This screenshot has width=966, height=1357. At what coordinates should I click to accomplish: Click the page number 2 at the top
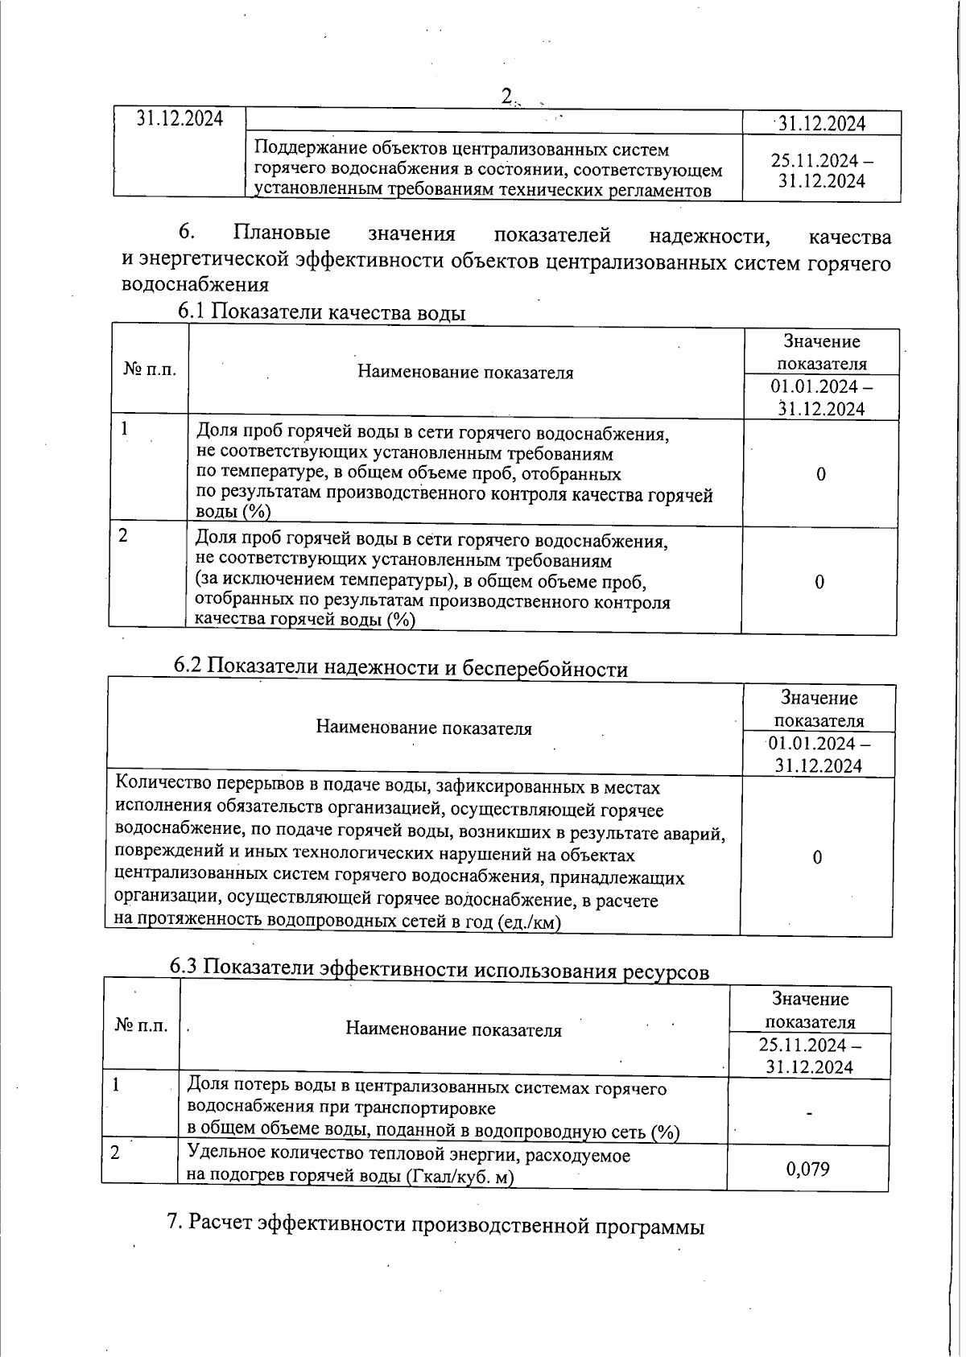506,97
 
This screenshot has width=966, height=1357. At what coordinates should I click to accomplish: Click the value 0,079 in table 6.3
807,1168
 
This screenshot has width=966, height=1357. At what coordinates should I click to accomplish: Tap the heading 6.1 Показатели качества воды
321,312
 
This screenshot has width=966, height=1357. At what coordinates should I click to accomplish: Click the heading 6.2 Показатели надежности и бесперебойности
400,667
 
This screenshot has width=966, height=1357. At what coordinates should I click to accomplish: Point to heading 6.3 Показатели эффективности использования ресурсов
439,970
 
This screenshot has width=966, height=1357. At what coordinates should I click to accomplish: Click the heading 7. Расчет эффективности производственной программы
435,1226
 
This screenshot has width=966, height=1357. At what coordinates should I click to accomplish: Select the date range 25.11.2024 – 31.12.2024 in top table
821,170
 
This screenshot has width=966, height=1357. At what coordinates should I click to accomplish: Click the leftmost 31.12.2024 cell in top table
179,118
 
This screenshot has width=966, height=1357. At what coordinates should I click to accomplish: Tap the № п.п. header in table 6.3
142,1025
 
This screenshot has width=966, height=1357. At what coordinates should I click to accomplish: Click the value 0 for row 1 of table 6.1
820,474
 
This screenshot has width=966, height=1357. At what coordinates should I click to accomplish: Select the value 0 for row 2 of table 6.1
819,582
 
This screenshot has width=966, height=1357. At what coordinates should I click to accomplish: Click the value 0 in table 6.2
817,857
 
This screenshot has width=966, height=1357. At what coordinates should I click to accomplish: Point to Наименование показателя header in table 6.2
423,728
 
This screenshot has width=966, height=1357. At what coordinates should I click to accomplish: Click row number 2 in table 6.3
115,1153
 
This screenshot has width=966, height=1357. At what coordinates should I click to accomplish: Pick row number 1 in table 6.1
125,430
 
